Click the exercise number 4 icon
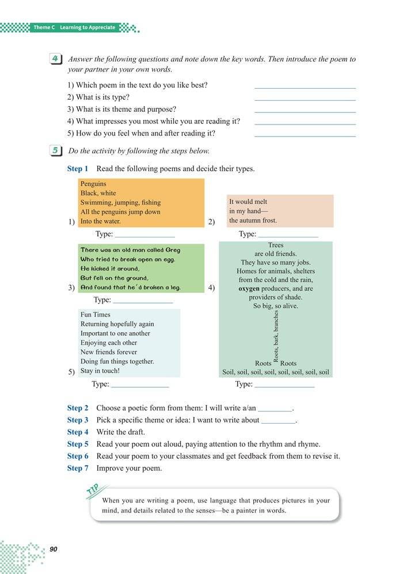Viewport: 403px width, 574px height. click(x=56, y=59)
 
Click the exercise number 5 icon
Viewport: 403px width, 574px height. click(x=56, y=151)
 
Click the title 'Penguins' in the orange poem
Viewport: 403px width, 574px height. click(x=93, y=184)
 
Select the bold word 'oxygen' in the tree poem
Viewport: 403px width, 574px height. click(x=249, y=288)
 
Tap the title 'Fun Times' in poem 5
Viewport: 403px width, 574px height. click(x=95, y=315)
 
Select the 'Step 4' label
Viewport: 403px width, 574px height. click(x=78, y=432)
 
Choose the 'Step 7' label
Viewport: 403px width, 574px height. click(x=78, y=468)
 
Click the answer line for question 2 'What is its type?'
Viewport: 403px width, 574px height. click(x=305, y=100)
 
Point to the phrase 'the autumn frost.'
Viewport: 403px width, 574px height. click(x=253, y=220)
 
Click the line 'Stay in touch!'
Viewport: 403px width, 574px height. click(x=100, y=371)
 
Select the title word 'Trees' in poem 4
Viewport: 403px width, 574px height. click(x=276, y=245)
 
